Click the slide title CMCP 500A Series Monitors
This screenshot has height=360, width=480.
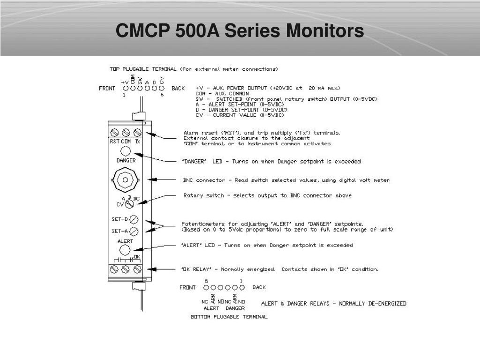pos(240,31)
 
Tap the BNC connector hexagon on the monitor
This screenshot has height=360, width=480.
pos(126,179)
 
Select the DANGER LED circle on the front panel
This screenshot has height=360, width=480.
pos(126,151)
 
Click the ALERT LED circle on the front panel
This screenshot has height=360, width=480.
pos(126,249)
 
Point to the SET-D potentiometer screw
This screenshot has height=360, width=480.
pos(134,219)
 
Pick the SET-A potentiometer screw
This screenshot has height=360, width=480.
pos(134,231)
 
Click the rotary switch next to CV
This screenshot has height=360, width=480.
pos(129,204)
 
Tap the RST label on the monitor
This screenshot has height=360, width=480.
pos(114,142)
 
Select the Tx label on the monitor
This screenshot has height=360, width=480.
pos(137,142)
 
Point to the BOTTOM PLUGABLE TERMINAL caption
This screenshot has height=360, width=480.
pos(229,317)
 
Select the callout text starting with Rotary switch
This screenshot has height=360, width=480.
pos(267,195)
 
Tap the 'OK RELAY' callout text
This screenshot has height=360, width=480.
pos(279,270)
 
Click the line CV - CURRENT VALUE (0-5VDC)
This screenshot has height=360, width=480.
pos(240,115)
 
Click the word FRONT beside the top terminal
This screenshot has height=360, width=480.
pos(107,88)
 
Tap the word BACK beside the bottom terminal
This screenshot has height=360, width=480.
pos(259,287)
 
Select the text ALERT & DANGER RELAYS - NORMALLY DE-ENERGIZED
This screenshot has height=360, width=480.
pos(333,303)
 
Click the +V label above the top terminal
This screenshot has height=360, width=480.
pos(125,82)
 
